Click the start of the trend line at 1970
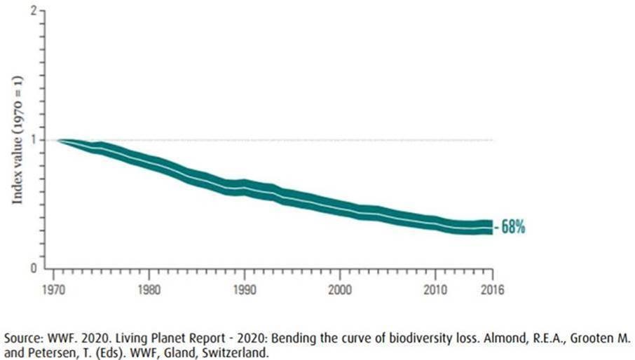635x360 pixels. (59, 141)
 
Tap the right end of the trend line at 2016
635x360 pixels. (491, 228)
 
